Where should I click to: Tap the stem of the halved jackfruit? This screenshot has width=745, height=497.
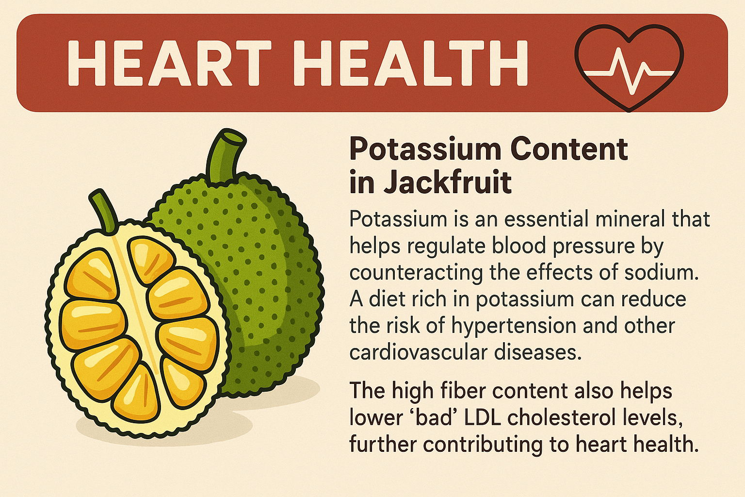click(103, 210)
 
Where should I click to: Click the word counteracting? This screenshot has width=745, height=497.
click(416, 273)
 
